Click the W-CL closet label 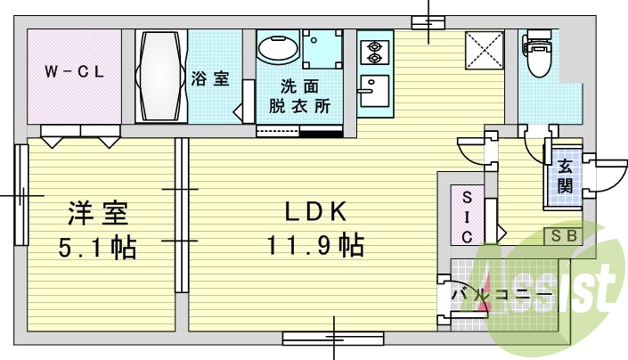click(x=75, y=72)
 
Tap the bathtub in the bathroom click(x=161, y=76)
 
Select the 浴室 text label click(x=210, y=78)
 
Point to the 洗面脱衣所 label click(x=299, y=96)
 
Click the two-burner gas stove click(x=375, y=52)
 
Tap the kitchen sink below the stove click(x=375, y=91)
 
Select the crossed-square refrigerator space click(x=485, y=51)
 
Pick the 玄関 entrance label click(x=565, y=176)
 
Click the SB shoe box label click(x=564, y=236)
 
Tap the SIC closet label click(x=467, y=217)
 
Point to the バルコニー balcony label click(x=502, y=295)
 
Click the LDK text click(x=315, y=212)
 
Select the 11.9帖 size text click(x=315, y=245)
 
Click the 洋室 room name click(x=98, y=213)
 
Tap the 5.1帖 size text click(x=98, y=248)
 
